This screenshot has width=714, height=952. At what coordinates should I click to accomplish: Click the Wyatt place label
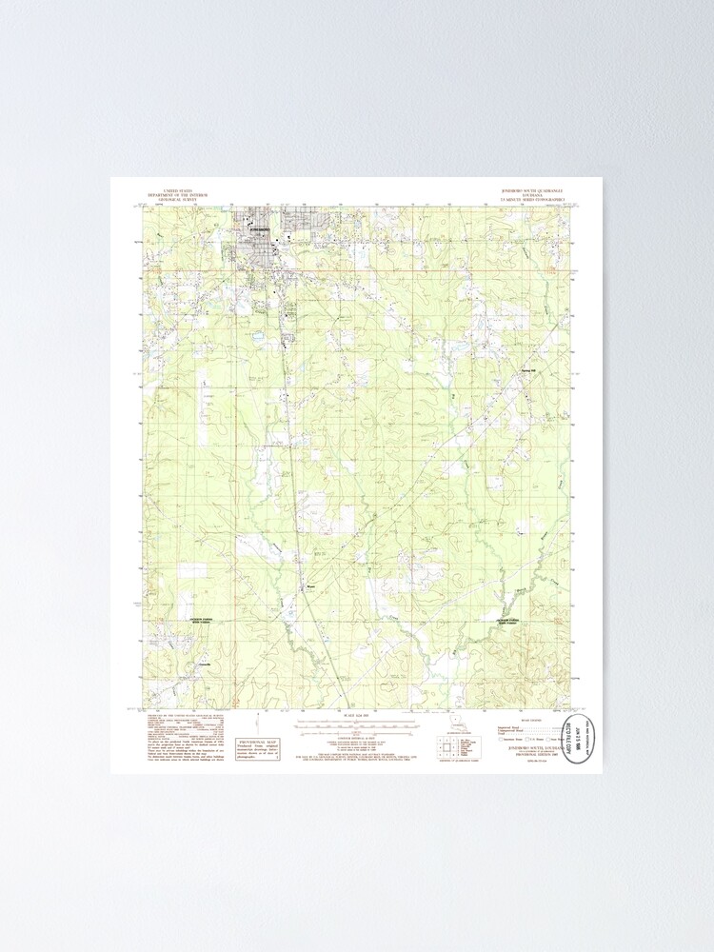309,586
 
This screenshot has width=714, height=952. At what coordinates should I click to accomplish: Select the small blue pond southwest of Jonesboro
256,335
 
